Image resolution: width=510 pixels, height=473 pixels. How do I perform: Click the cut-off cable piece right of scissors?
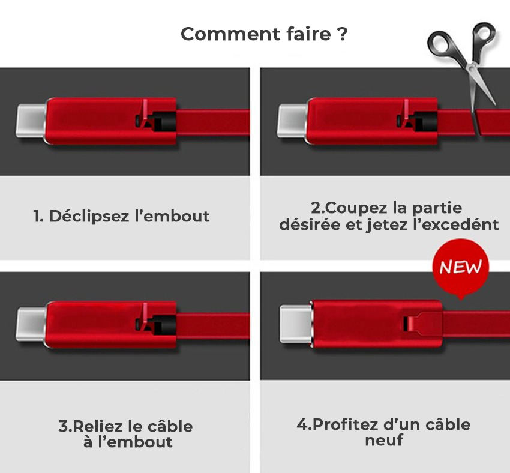click(x=493, y=122)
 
